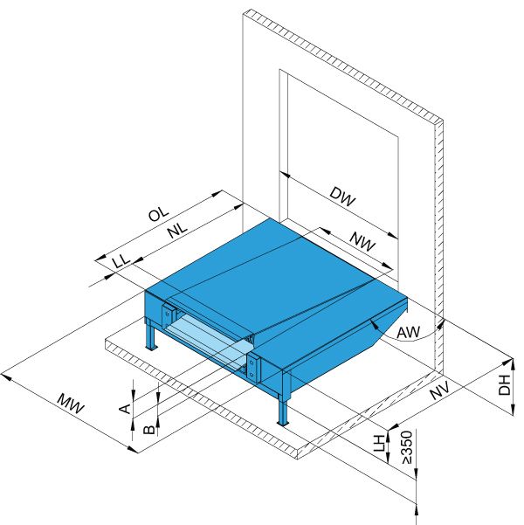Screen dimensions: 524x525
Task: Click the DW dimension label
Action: point(341,197)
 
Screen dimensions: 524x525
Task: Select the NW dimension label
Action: point(362,242)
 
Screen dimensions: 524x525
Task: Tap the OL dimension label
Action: point(159,213)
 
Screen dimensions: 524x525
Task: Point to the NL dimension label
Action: point(177,230)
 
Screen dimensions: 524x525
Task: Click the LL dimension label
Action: point(121,260)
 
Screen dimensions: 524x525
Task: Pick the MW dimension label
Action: point(71,404)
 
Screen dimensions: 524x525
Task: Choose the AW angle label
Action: point(408,332)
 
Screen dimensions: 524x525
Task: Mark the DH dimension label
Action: point(504,385)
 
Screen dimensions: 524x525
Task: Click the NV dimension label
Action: point(439,390)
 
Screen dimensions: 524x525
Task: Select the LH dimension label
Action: point(380,443)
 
